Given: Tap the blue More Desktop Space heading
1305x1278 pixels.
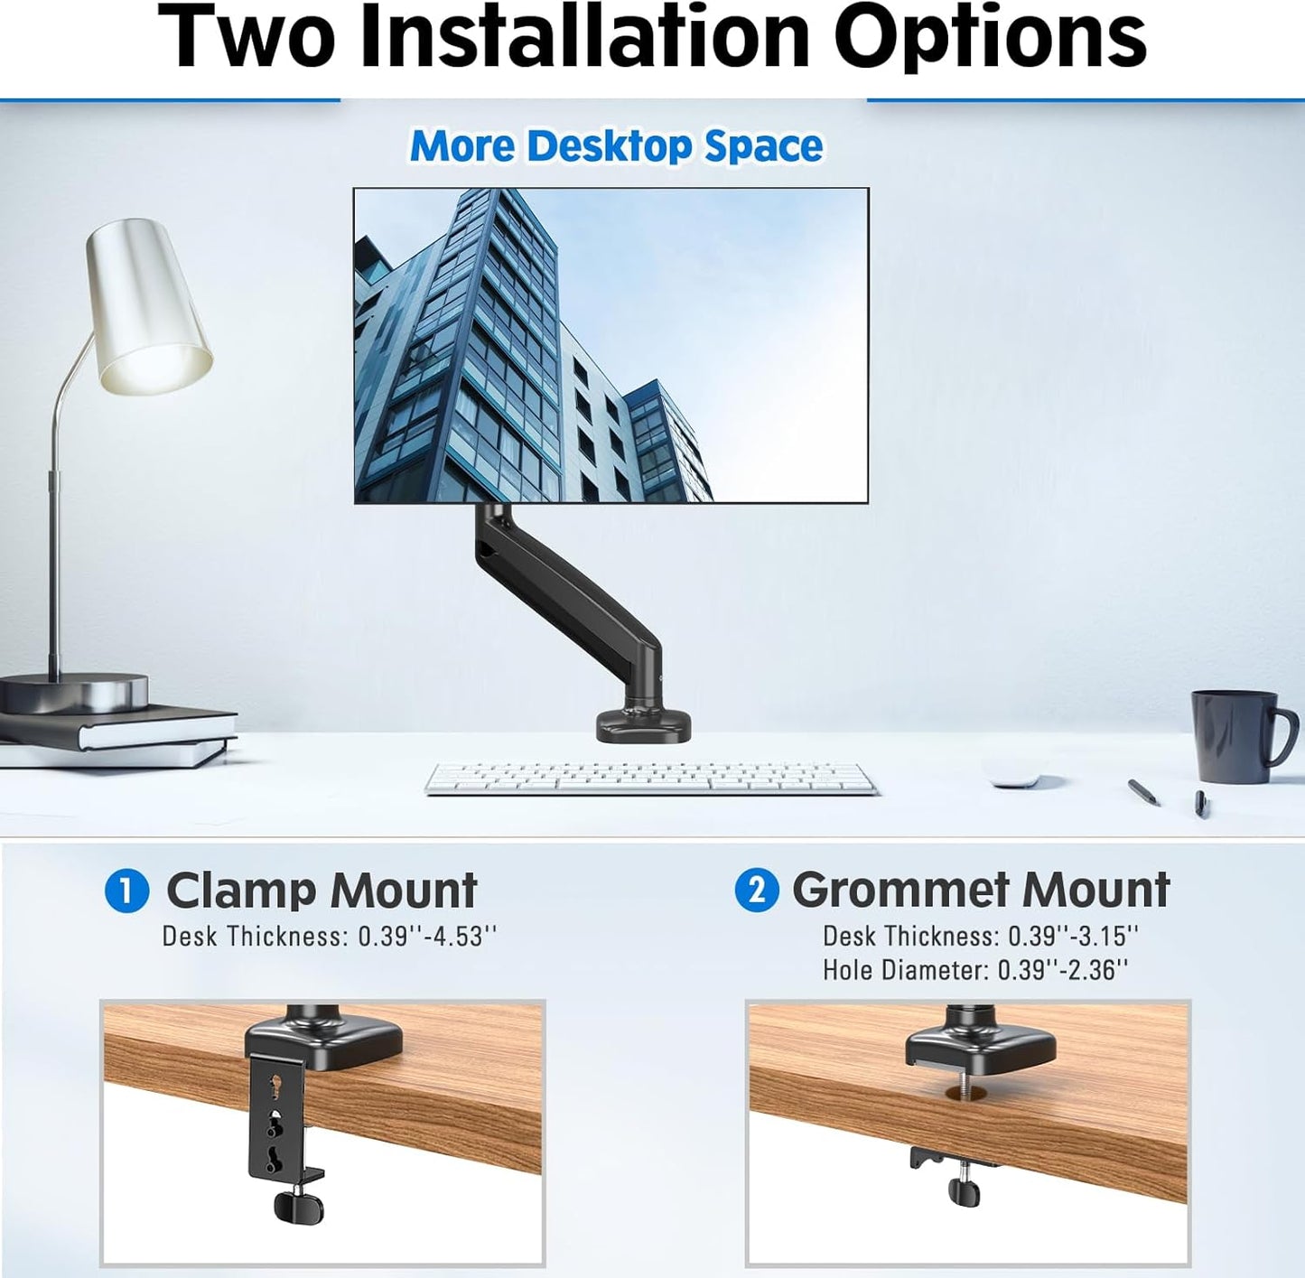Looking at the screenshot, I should click(x=616, y=146).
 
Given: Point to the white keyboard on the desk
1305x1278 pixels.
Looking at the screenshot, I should click(x=651, y=778).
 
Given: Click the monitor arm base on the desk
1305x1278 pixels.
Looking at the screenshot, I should click(x=643, y=724).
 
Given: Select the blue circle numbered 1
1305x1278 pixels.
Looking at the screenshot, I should click(x=126, y=891).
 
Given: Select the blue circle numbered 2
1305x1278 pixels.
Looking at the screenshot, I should click(x=756, y=891).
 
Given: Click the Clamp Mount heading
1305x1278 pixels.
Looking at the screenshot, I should click(x=322, y=891).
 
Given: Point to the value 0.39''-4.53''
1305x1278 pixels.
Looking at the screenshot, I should click(x=427, y=937).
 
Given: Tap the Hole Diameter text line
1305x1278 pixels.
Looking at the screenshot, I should click(x=975, y=970).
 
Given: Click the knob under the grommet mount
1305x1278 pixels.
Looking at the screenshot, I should click(x=965, y=1190).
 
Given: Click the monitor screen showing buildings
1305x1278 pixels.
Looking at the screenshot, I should click(x=611, y=345).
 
